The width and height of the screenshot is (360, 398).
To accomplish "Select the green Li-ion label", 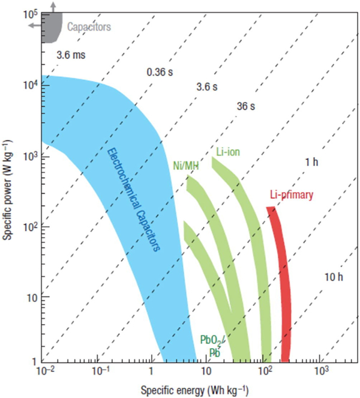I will click(227, 152).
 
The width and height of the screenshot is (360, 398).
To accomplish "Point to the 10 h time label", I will click(333, 277).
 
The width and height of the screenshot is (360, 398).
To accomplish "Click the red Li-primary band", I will click(281, 282).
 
